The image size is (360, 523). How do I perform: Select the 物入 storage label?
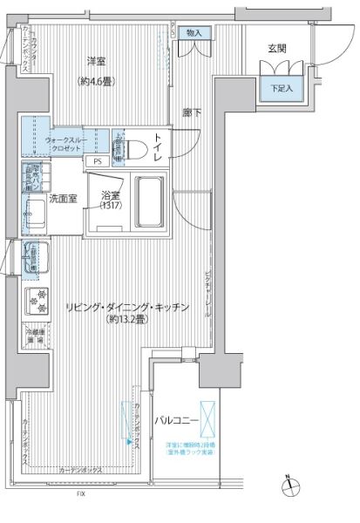[194, 32]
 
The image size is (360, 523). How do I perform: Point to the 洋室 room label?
[97, 61]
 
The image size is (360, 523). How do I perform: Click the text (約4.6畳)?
[97, 82]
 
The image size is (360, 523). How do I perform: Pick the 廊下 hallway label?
[191, 112]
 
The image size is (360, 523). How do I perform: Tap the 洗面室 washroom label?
[62, 199]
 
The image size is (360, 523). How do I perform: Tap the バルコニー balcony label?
[177, 421]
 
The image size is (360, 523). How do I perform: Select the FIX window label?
[80, 493]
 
